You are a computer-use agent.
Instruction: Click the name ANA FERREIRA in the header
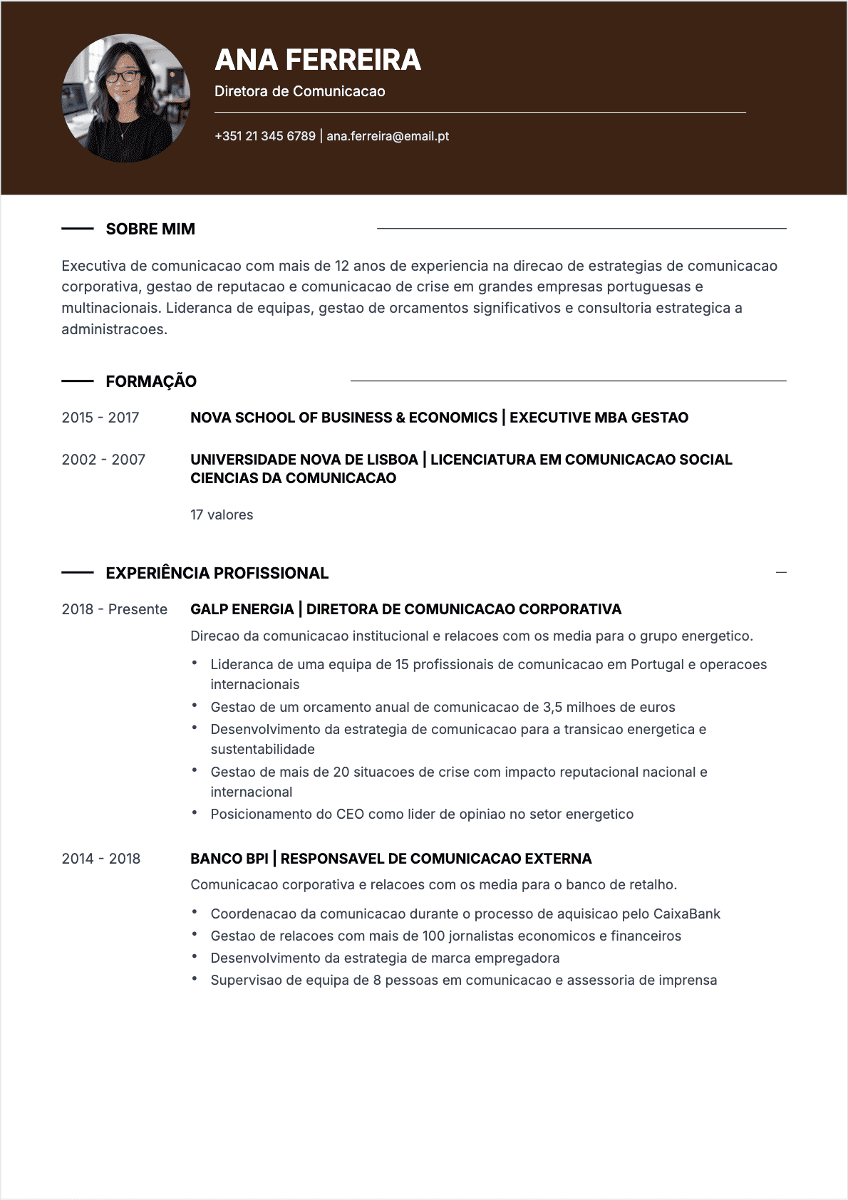[318, 60]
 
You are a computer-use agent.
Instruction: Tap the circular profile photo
[126, 98]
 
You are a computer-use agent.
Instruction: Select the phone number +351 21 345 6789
[265, 136]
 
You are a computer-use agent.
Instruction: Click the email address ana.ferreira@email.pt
[388, 136]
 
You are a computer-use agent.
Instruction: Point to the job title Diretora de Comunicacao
[299, 91]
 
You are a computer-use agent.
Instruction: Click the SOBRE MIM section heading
[150, 229]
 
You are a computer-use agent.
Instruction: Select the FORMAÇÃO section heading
[151, 381]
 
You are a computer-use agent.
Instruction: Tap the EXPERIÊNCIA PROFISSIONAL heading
[217, 573]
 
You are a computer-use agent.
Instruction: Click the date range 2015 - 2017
[100, 418]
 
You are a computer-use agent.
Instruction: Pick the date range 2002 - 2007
[103, 460]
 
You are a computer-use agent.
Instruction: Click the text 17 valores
[222, 514]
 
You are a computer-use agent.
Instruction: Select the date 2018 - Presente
[115, 609]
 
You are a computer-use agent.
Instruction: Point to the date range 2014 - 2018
[101, 859]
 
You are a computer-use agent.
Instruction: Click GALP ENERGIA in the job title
[242, 609]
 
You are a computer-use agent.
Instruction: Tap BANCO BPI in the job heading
[229, 859]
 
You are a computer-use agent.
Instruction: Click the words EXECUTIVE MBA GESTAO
[599, 418]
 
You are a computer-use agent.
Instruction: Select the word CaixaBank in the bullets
[687, 914]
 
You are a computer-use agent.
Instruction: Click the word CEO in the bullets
[350, 814]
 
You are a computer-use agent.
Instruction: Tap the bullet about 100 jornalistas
[445, 936]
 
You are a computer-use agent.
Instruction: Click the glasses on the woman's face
[123, 76]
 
